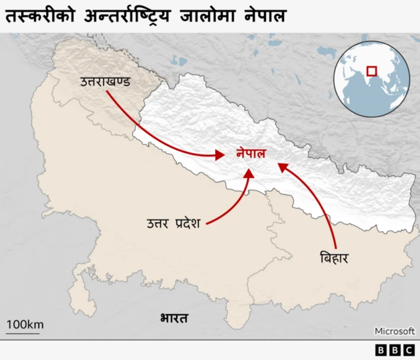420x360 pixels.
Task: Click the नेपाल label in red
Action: pyautogui.click(x=251, y=154)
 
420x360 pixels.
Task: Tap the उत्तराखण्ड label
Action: pyautogui.click(x=105, y=82)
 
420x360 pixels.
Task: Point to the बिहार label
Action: pyautogui.click(x=333, y=257)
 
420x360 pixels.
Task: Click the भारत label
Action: pyautogui.click(x=174, y=319)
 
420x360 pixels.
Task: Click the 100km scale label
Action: pyautogui.click(x=25, y=324)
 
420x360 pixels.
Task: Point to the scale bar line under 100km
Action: pyautogui.click(x=23, y=333)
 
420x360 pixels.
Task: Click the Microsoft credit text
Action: pyautogui.click(x=394, y=331)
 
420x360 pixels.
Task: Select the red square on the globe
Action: pyautogui.click(x=372, y=70)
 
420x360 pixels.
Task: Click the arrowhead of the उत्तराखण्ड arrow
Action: pyautogui.click(x=220, y=156)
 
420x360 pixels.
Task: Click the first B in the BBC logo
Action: pyautogui.click(x=382, y=350)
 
